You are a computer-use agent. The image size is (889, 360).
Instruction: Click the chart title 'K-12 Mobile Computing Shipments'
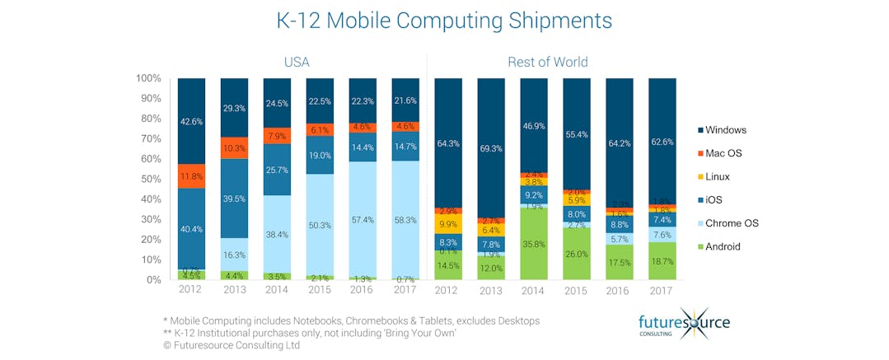[x=444, y=21]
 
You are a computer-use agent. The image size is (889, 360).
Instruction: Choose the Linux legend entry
[x=718, y=177]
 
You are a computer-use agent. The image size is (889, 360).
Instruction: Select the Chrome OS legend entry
[x=732, y=223]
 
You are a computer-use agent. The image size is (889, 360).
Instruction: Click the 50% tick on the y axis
[x=148, y=179]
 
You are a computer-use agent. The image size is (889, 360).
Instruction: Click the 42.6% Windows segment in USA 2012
[x=191, y=120]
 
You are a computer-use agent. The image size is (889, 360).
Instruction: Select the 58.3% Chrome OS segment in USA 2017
[x=405, y=220]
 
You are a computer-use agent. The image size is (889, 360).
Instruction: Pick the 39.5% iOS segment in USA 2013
[x=234, y=198]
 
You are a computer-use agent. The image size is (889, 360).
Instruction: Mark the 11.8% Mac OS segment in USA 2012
[x=191, y=175]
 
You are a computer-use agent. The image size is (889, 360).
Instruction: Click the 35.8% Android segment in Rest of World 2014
[x=533, y=244]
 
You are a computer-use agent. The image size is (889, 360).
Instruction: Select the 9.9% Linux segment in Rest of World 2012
[x=447, y=224]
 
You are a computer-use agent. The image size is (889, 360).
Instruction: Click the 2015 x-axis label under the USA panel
[x=320, y=290]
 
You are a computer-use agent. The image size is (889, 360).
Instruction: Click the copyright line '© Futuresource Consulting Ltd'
[x=232, y=345]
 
